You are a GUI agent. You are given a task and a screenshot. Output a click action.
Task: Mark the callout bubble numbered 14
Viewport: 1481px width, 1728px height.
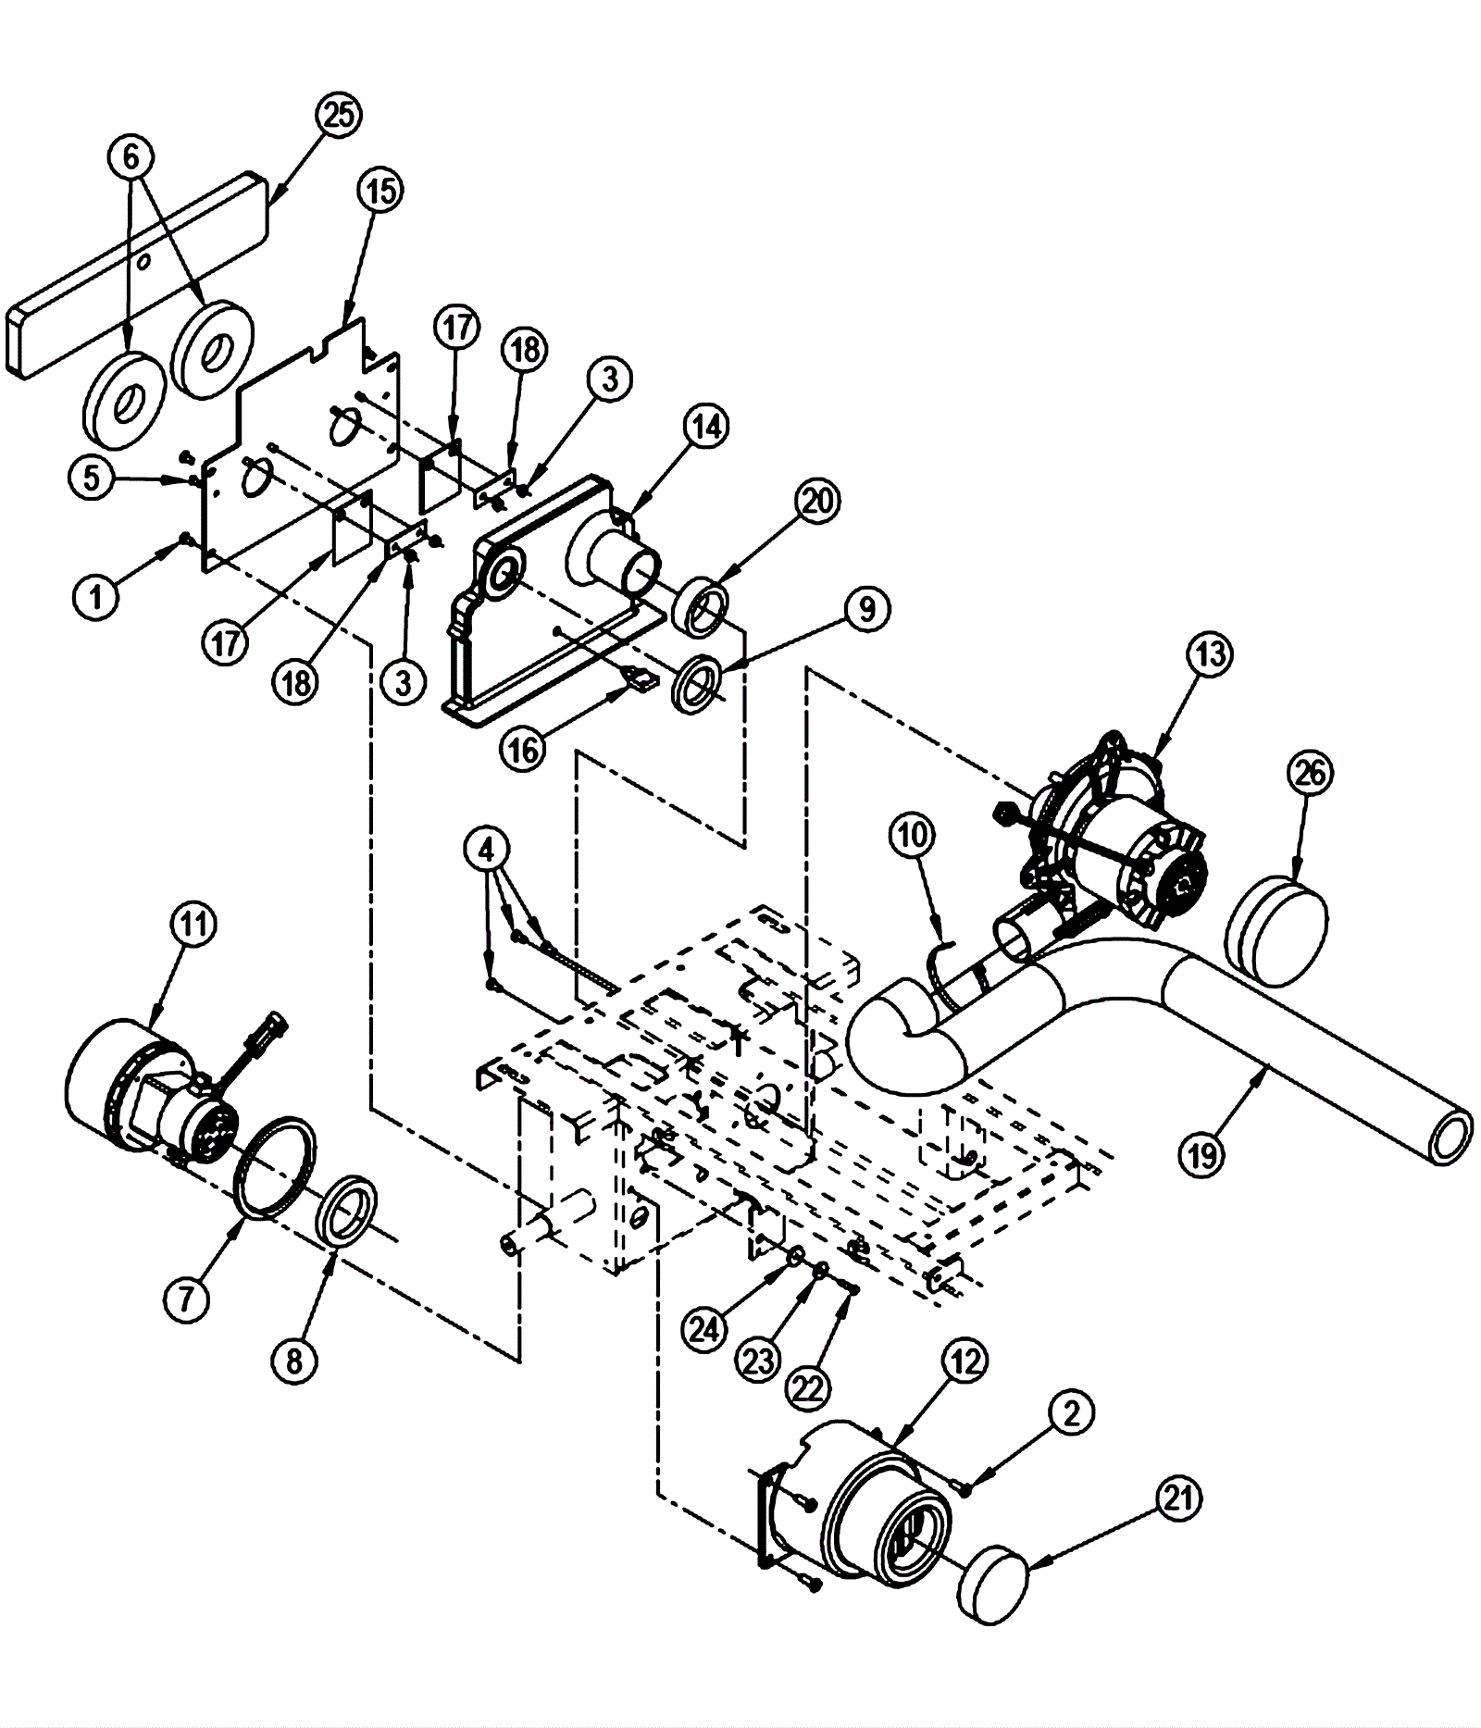click(707, 428)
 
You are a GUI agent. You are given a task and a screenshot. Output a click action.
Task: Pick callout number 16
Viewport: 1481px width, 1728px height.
click(523, 749)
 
